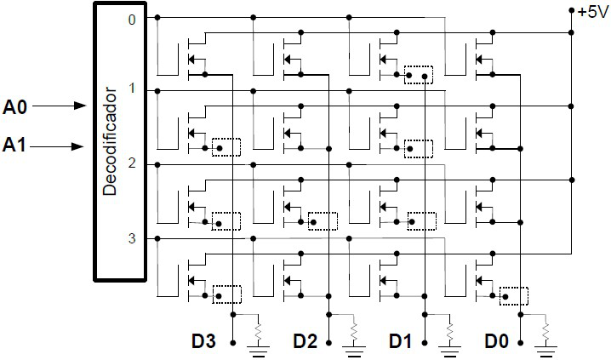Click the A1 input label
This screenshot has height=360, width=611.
pos(16,146)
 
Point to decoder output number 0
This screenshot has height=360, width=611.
pos(131,18)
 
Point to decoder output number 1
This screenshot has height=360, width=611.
pos(131,89)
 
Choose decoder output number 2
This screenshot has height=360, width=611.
pos(131,163)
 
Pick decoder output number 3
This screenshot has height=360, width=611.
pos(131,237)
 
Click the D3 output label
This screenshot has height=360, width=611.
pos(204,341)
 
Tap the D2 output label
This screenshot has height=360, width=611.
pos(305,341)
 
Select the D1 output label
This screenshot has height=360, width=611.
pos(400,341)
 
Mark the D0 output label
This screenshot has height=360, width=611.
pos(497,341)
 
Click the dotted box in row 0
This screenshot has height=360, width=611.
pos(418,75)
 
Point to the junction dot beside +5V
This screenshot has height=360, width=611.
pos(572,11)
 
